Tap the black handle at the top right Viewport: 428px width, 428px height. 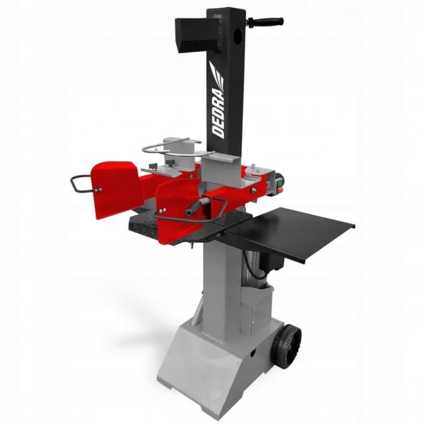(x=265, y=21)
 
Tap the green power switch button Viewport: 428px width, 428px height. (x=279, y=183)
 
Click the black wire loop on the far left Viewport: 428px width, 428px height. (x=81, y=183)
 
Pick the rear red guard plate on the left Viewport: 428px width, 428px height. (x=114, y=189)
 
